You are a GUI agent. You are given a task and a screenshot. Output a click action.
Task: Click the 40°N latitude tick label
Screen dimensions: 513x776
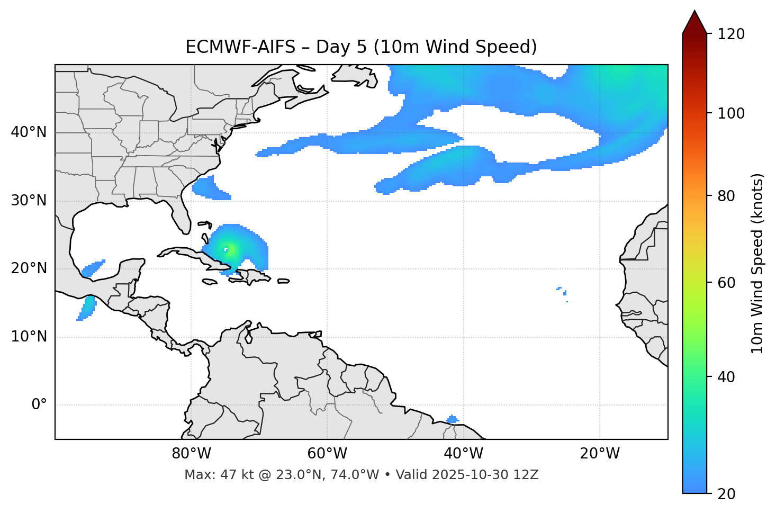pyautogui.click(x=29, y=132)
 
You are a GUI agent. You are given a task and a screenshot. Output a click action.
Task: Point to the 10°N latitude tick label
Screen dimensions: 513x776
pyautogui.click(x=29, y=337)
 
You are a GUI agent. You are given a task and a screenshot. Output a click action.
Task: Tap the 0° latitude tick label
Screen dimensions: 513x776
pyautogui.click(x=39, y=405)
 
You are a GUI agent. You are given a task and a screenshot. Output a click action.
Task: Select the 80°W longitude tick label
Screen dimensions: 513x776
pyautogui.click(x=191, y=454)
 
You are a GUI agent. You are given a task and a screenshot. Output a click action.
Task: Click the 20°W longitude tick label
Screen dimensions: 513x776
pyautogui.click(x=600, y=454)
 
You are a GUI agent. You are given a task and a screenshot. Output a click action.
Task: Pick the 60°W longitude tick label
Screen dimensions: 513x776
pyautogui.click(x=327, y=454)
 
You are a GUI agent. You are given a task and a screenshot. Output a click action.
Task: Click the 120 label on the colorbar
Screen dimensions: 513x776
pyautogui.click(x=731, y=34)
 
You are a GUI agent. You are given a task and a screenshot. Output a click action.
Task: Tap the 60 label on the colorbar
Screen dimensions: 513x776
pyautogui.click(x=727, y=283)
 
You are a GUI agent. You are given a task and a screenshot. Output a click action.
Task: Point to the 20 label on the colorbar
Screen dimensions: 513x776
pyautogui.click(x=727, y=494)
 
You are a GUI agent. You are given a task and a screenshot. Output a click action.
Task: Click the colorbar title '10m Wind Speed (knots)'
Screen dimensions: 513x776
pyautogui.click(x=757, y=263)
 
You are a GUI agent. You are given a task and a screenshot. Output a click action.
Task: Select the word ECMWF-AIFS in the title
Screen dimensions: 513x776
pyautogui.click(x=240, y=47)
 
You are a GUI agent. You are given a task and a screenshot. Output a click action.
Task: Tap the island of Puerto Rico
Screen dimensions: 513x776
pyautogui.click(x=284, y=281)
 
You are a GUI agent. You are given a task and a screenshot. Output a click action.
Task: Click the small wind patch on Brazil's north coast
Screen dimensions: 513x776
pyautogui.click(x=452, y=420)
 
